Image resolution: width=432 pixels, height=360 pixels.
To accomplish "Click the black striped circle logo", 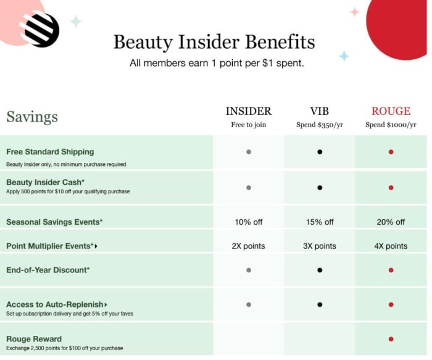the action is (40, 30).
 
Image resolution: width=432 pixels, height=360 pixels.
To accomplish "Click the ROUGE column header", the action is (391, 111).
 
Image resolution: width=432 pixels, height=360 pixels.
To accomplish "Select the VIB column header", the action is (320, 111).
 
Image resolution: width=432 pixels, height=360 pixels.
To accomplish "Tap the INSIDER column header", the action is (249, 111).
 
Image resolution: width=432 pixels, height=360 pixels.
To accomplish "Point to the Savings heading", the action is (32, 117).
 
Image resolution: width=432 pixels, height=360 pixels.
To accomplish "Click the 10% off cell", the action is (249, 222).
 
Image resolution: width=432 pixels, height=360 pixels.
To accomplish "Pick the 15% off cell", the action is (320, 222).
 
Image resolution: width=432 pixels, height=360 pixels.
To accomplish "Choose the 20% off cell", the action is (391, 222).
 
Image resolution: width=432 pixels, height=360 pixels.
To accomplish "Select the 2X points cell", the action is (248, 246).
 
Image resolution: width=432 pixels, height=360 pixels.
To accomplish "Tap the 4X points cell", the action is (391, 246).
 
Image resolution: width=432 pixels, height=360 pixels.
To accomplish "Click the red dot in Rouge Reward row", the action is (391, 339).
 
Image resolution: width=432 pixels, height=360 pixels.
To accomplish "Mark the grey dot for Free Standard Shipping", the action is (249, 152).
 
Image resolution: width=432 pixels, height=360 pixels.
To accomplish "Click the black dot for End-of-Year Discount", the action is (320, 270).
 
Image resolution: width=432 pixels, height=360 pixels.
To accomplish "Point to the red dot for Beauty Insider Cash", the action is (391, 188).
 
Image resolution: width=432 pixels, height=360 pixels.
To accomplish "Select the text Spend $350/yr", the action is (320, 125).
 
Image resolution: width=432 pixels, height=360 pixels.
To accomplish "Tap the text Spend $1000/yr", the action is (391, 125).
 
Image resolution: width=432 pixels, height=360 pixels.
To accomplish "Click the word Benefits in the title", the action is (280, 42).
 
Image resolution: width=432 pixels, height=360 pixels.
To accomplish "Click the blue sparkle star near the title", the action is (344, 56).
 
